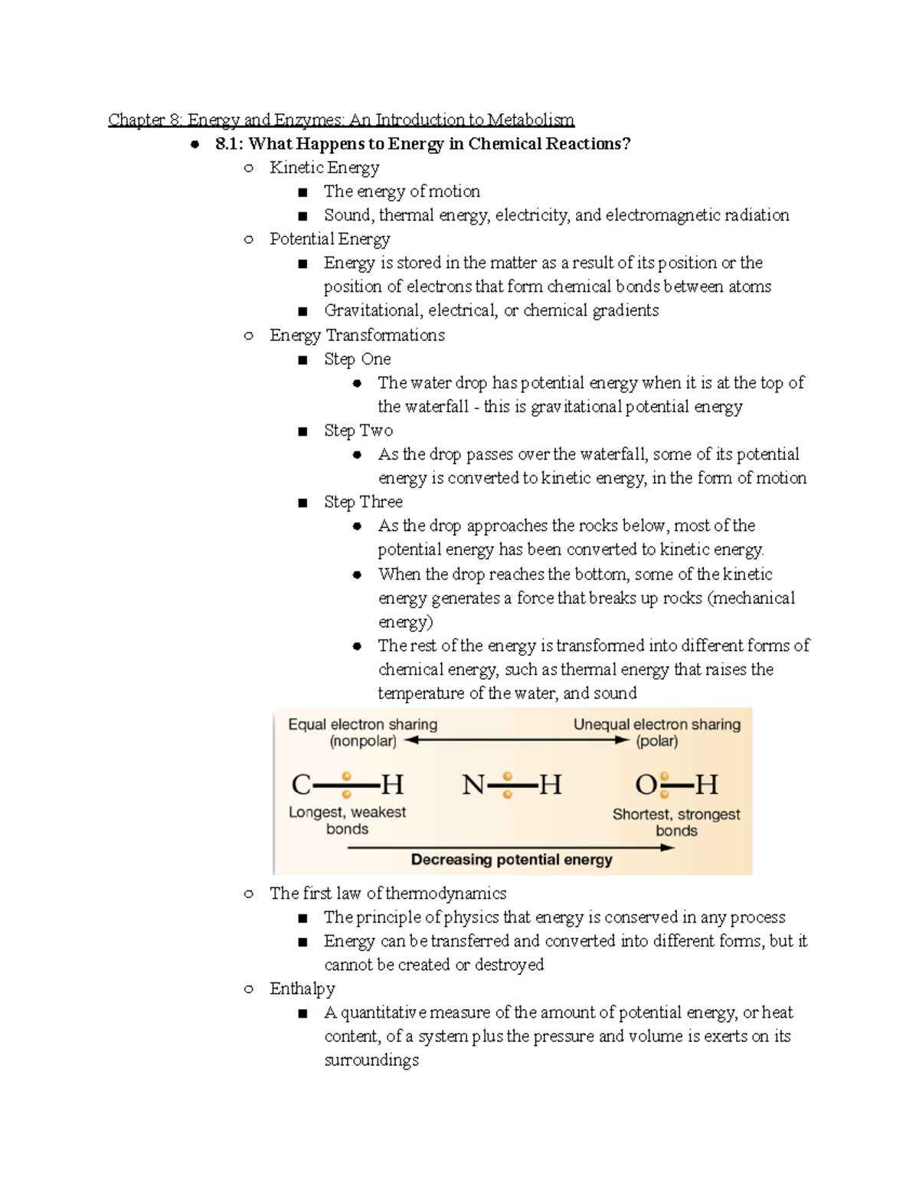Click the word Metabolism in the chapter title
531,120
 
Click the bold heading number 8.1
229,144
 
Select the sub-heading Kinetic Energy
324,168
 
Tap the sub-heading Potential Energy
329,239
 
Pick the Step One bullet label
357,359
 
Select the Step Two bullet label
358,431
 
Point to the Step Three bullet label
363,502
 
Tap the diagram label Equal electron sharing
362,724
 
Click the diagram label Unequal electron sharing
657,724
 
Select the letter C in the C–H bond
301,785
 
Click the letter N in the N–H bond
473,785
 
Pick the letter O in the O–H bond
646,785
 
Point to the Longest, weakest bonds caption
347,820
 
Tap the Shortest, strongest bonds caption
676,822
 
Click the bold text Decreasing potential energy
512,860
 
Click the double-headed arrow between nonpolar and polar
516,740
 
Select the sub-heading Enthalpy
302,988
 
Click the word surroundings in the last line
371,1061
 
